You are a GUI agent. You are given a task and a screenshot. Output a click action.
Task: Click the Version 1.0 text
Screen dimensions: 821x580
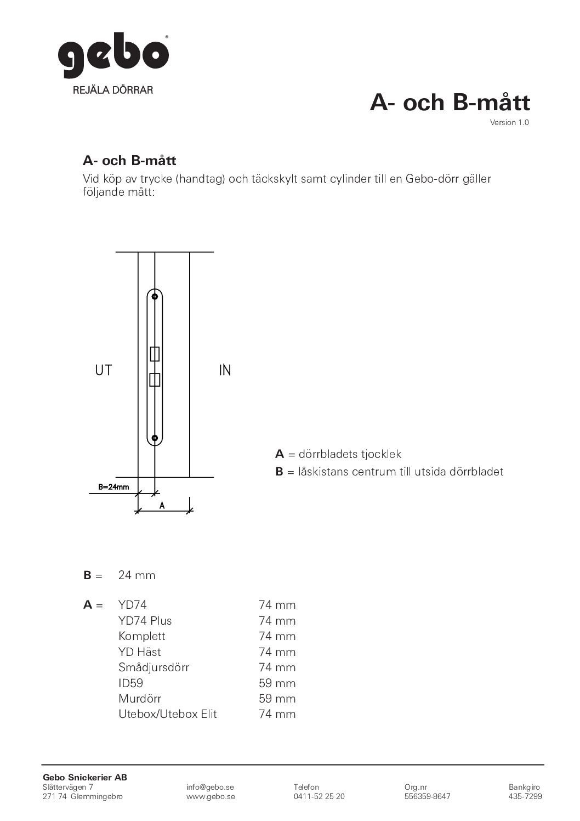(509, 122)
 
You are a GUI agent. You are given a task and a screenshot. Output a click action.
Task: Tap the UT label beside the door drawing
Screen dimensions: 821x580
(104, 371)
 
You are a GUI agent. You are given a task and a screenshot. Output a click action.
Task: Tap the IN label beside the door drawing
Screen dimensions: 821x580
(225, 371)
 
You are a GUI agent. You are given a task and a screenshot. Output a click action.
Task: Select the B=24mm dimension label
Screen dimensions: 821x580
(113, 486)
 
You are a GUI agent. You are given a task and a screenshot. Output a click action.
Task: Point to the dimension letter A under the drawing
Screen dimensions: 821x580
(162, 506)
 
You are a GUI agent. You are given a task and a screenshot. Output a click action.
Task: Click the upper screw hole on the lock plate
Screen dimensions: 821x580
(155, 297)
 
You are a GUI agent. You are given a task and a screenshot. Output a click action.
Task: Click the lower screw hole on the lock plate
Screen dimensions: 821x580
(155, 438)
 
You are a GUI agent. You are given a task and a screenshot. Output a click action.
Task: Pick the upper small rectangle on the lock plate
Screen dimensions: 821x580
(155, 354)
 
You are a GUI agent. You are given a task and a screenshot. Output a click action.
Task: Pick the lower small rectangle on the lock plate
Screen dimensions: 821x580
(155, 380)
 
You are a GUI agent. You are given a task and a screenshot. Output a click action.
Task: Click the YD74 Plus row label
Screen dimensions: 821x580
(145, 621)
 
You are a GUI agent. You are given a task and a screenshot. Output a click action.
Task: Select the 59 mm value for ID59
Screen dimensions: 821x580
(277, 683)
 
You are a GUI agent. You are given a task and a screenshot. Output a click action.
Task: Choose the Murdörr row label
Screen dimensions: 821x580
(140, 699)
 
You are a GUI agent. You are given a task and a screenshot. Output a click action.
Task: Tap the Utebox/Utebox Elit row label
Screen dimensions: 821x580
(168, 714)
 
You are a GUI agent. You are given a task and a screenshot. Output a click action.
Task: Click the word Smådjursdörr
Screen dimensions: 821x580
(153, 667)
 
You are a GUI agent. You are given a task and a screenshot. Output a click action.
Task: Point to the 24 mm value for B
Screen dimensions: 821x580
(137, 575)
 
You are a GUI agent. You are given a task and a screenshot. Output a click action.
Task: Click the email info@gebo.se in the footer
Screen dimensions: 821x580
(211, 787)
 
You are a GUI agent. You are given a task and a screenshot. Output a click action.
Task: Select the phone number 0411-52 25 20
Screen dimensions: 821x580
(319, 796)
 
